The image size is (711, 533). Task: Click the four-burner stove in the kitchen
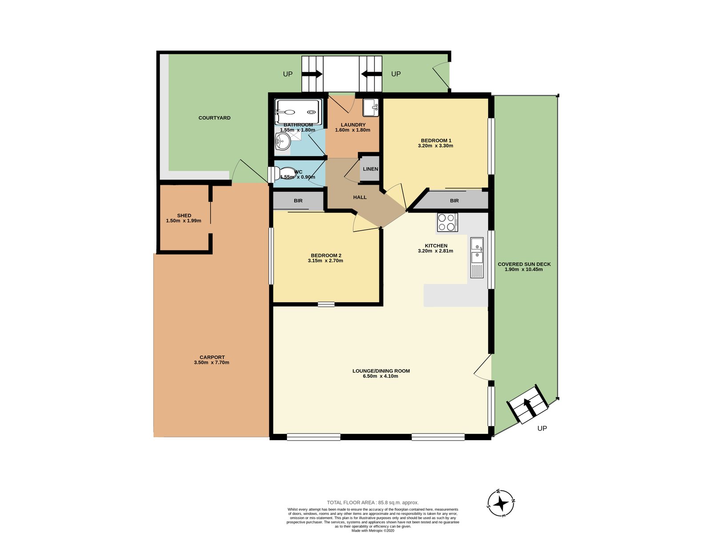click(447, 223)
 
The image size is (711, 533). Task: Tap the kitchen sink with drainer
click(477, 258)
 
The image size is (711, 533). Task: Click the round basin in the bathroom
click(282, 142)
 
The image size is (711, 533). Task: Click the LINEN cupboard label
click(370, 169)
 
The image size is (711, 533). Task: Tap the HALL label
click(360, 197)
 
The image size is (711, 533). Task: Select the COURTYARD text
click(215, 118)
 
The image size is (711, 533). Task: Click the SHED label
click(184, 215)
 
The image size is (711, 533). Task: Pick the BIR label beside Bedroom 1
click(455, 201)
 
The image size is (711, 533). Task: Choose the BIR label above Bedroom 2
click(298, 201)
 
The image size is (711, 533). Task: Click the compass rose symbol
click(501, 503)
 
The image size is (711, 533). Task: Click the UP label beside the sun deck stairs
click(542, 428)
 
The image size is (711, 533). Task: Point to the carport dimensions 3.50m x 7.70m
click(212, 362)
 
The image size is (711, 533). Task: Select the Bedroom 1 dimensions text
click(435, 146)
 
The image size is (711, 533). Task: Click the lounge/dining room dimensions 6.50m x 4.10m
click(380, 376)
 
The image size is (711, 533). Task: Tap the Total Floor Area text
click(372, 502)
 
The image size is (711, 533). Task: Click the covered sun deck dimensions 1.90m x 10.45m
click(523, 269)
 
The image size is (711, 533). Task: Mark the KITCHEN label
click(436, 246)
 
